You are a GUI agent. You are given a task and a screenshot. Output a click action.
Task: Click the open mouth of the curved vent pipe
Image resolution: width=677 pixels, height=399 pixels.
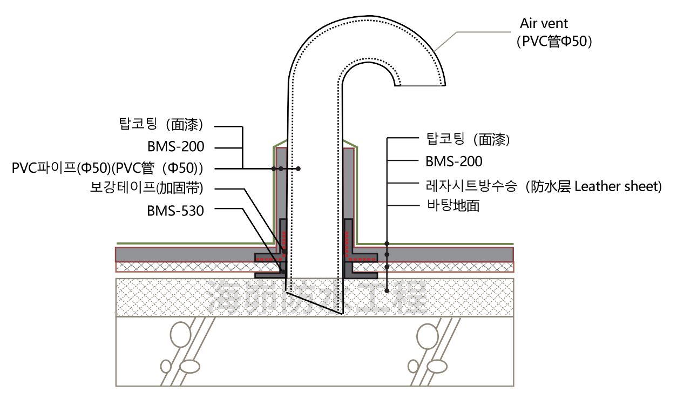tap(420, 85)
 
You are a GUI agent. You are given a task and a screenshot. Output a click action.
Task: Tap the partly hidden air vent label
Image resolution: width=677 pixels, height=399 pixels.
tap(554, 33)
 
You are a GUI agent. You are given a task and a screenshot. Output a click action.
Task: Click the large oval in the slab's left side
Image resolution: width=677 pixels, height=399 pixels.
tap(181, 335)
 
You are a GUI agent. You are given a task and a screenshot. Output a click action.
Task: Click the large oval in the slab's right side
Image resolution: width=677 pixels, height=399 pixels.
tap(428, 336)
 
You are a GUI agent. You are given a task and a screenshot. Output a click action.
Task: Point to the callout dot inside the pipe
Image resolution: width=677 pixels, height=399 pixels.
tap(298, 169)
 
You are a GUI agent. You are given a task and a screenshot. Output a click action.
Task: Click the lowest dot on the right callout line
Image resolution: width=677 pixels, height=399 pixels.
tap(387, 290)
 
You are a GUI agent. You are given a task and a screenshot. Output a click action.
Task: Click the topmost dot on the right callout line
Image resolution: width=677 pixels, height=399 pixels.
tap(387, 244)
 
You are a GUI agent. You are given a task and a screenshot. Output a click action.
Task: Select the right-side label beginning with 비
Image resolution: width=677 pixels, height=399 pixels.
tap(452, 205)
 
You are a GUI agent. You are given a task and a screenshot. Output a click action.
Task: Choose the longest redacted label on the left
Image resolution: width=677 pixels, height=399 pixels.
tap(108, 169)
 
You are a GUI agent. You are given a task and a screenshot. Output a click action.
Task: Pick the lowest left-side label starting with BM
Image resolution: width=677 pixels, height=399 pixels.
tap(175, 211)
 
